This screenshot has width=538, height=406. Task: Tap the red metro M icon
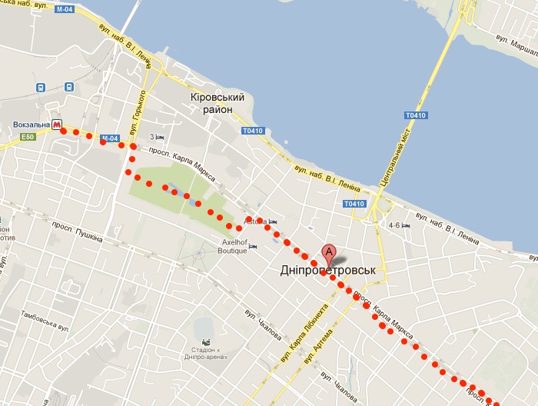pyautogui.click(x=57, y=125)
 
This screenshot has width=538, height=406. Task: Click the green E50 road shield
pyautogui.click(x=28, y=137)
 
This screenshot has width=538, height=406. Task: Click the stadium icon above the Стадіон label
pyautogui.click(x=205, y=341)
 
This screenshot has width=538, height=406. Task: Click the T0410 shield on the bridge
pyautogui.click(x=415, y=115)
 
